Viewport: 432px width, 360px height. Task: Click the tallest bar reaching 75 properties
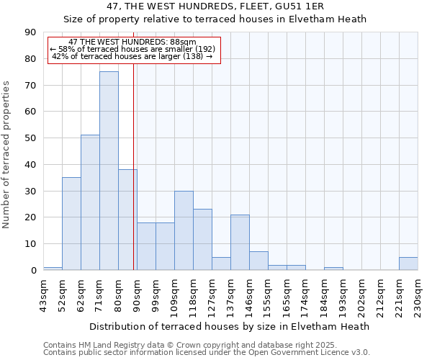109,171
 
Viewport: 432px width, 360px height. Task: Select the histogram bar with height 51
90,202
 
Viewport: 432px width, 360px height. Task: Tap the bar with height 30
184,230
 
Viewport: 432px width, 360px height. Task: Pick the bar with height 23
202,240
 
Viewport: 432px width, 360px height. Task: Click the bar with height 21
240,243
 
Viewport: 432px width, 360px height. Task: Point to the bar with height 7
258,261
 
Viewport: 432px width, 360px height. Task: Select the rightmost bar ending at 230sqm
408,264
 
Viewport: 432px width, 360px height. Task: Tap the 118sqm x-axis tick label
193,294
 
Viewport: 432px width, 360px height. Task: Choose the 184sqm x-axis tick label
324,294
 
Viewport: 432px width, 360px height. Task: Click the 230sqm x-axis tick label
418,294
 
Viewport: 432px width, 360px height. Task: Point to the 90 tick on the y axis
30,32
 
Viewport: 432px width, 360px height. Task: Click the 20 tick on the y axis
30,217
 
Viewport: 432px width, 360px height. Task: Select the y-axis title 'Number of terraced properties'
7,155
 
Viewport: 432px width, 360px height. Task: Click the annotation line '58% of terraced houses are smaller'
132,49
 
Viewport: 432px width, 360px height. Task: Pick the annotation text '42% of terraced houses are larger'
132,56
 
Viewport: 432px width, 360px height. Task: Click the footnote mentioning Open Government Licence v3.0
207,353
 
